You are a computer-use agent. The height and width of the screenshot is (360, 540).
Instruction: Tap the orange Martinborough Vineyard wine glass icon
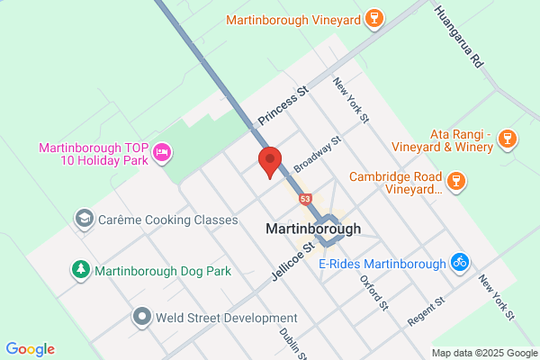point(374,19)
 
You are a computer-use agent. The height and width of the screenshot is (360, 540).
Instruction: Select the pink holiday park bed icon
point(162,152)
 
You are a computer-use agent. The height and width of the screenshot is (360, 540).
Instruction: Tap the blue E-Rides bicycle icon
point(460,263)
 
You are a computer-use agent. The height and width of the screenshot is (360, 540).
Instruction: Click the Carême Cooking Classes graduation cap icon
point(84,219)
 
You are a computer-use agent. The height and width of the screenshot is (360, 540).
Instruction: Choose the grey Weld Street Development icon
point(142,317)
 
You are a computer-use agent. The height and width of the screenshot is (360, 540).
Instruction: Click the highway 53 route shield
point(307,198)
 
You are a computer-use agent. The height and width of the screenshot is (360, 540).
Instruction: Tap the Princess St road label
point(283,105)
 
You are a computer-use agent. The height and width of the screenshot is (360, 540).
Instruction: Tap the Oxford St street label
point(373,293)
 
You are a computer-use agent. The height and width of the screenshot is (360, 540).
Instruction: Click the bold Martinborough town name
point(313,229)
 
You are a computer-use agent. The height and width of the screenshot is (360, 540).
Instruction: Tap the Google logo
point(30,349)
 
